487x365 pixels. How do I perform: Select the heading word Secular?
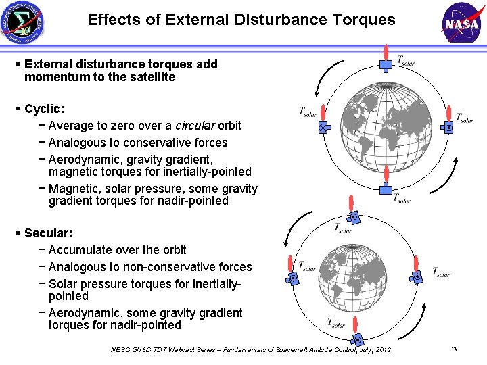click(47, 233)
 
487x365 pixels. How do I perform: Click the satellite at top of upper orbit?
click(386, 65)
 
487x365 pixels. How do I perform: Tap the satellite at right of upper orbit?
click(448, 127)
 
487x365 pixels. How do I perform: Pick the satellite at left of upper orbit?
click(324, 126)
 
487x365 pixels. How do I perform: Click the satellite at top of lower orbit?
click(352, 217)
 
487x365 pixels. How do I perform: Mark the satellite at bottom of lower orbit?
click(358, 338)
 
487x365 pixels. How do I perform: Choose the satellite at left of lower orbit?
click(294, 278)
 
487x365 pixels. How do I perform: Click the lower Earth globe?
click(356, 277)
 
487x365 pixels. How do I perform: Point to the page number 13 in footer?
click(454, 349)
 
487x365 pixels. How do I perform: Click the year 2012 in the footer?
click(382, 349)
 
